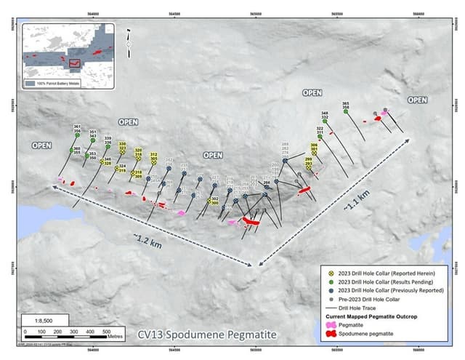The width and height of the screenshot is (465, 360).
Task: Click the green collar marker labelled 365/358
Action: coord(345,113)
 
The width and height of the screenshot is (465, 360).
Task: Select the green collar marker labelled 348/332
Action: coord(325,122)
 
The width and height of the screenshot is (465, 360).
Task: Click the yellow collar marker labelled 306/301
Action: coord(314,153)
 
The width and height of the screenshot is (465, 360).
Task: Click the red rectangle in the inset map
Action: coord(73,63)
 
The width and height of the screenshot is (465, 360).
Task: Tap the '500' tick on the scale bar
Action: coord(94,331)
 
